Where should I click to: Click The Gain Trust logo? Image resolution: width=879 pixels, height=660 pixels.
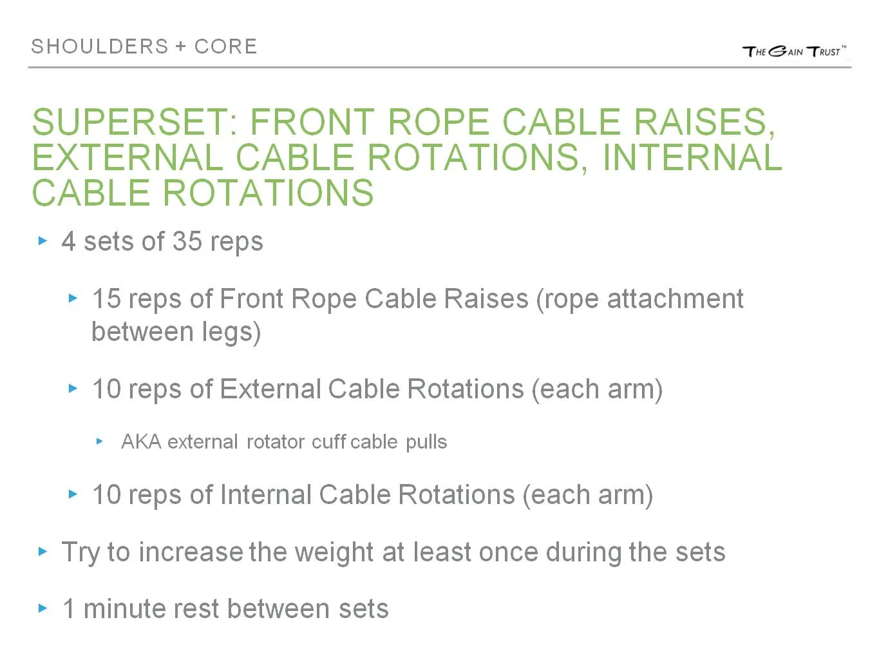click(x=793, y=51)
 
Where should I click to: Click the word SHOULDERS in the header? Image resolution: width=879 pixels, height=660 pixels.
click(x=100, y=46)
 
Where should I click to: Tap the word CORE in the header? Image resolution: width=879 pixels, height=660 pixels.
click(x=225, y=46)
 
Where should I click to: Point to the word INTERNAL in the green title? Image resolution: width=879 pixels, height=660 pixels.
click(x=692, y=157)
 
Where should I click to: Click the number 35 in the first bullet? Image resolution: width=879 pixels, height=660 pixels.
click(x=187, y=242)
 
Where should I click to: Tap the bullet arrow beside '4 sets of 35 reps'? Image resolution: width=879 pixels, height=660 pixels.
click(x=43, y=241)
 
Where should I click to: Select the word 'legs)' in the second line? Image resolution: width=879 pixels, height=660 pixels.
click(x=231, y=332)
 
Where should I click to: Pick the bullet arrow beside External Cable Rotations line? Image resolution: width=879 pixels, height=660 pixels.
click(x=73, y=389)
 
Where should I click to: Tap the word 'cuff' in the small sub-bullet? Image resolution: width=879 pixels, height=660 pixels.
click(x=328, y=442)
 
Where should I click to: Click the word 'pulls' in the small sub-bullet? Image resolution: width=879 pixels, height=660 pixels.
click(x=426, y=442)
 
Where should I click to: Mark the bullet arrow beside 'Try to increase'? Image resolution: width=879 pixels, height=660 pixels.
click(x=43, y=552)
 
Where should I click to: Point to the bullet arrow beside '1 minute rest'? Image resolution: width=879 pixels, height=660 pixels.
click(x=43, y=608)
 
